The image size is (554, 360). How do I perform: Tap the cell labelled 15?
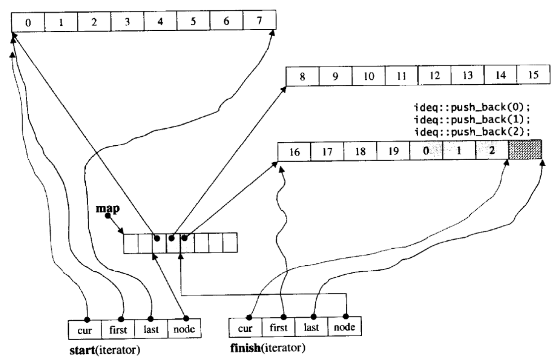[533, 77]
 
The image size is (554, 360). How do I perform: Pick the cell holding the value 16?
[294, 151]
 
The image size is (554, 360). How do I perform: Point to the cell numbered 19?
[393, 151]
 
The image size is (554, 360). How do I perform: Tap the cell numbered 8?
[302, 77]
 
